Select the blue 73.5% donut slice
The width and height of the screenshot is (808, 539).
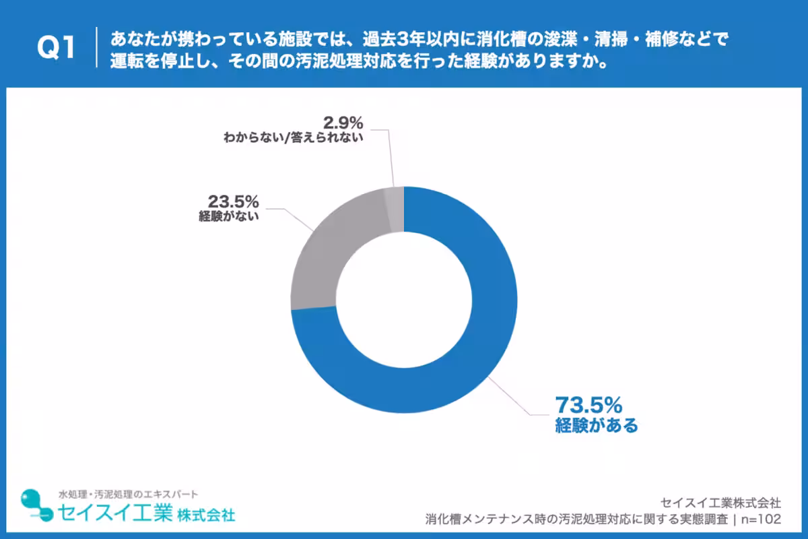pos(471,323)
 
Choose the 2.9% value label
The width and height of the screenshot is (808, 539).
pos(343,123)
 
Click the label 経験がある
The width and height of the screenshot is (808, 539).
pos(596,426)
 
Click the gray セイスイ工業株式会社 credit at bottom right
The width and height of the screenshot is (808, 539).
pos(720,503)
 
